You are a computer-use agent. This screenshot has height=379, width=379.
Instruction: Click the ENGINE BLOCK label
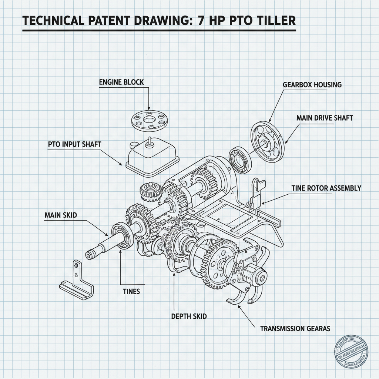point(121,82)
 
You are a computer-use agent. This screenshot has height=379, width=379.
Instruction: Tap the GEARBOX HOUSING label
point(312,85)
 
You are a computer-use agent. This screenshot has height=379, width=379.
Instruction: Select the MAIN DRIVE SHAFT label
point(325,118)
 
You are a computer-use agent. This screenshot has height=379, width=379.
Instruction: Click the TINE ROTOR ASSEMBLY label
point(326,188)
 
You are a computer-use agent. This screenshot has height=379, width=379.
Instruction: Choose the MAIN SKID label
point(61,215)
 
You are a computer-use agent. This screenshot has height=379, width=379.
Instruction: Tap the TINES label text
point(131,291)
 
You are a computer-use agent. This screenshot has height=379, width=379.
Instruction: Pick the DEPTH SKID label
point(189,316)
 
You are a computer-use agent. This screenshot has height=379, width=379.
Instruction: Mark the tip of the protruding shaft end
point(89,255)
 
